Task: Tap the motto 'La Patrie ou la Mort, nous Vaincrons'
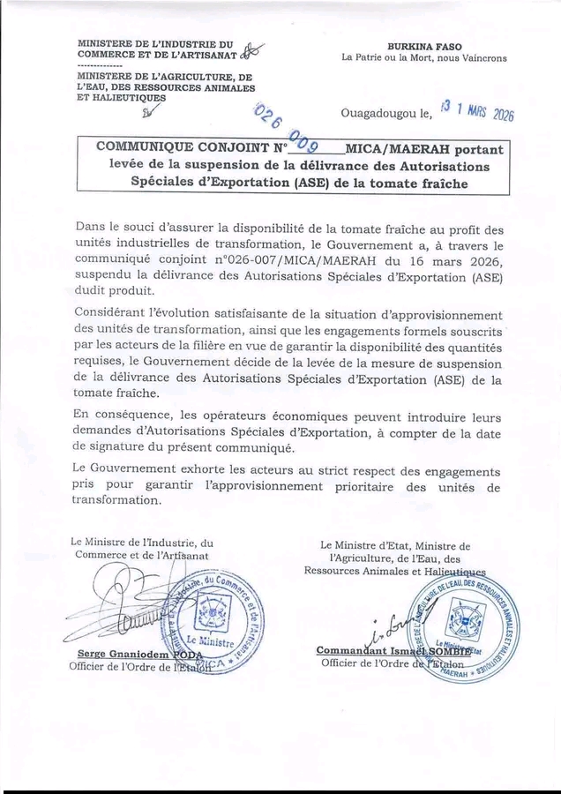[x=424, y=58]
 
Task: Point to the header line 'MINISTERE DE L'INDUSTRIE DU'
[x=155, y=43]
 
